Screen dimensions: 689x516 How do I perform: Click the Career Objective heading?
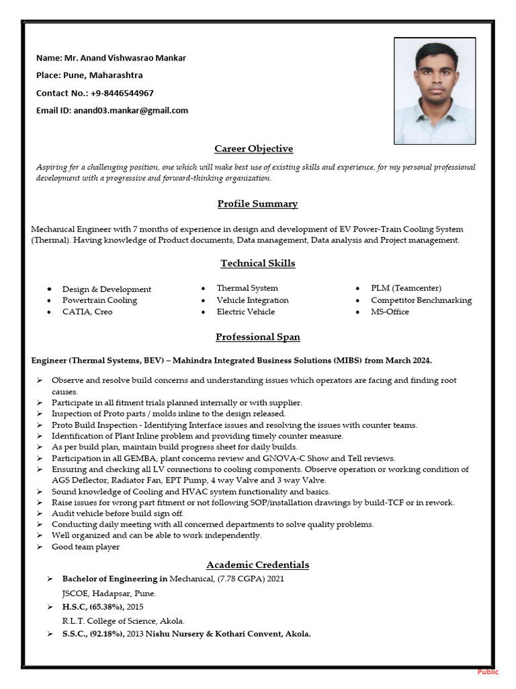(x=253, y=149)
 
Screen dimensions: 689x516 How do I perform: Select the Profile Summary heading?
(x=257, y=204)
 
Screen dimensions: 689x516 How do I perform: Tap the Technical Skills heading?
(x=257, y=264)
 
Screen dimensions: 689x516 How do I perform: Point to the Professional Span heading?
(x=257, y=337)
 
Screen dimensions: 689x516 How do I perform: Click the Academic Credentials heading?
(x=257, y=565)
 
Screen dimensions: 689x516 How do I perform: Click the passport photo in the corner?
(x=435, y=90)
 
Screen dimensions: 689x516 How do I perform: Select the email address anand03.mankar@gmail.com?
(x=130, y=110)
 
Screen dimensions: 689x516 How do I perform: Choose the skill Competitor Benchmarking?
(x=421, y=300)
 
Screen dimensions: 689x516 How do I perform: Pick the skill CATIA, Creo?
(x=87, y=312)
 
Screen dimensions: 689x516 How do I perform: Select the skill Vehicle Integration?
(x=252, y=300)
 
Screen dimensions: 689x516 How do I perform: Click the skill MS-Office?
(x=390, y=312)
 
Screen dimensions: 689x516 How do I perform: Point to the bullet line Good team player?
(x=85, y=547)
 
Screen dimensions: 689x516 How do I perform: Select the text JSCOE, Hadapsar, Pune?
(x=109, y=593)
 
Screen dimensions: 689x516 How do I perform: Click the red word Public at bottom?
(x=488, y=672)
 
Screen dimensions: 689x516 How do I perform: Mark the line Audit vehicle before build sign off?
(x=118, y=513)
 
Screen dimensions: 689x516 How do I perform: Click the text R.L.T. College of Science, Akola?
(x=123, y=621)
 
